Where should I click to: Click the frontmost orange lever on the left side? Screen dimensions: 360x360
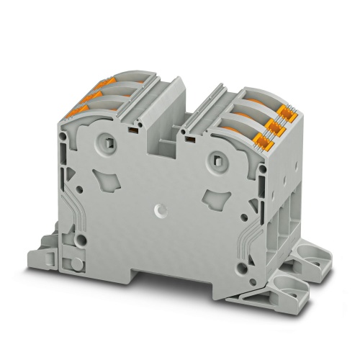73,110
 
